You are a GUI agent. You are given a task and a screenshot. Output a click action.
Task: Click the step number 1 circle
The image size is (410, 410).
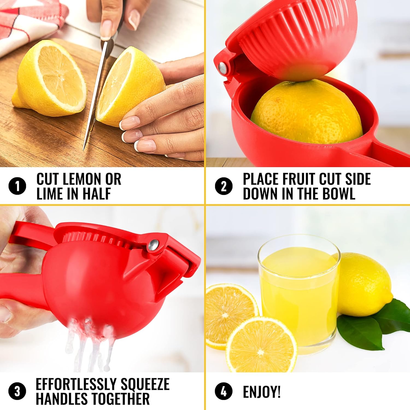click(17, 186)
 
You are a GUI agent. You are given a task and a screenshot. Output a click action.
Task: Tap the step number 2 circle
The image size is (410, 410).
click(224, 186)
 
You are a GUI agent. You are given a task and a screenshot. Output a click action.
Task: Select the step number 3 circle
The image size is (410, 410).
click(17, 391)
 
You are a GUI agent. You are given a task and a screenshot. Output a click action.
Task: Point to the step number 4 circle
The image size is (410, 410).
click(224, 391)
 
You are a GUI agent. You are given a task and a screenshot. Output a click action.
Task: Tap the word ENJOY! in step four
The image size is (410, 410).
click(262, 392)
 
